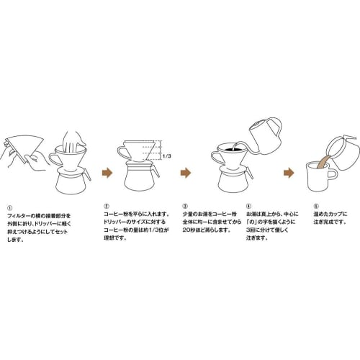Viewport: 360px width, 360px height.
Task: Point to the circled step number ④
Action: click(248, 207)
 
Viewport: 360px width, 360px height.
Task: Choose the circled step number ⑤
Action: click(307, 207)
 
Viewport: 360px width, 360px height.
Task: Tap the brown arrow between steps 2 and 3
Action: click(186, 173)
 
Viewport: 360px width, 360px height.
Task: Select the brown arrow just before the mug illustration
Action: click(288, 173)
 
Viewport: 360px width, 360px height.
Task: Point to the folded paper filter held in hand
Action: click(22, 148)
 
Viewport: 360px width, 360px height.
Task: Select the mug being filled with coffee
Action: click(320, 177)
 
